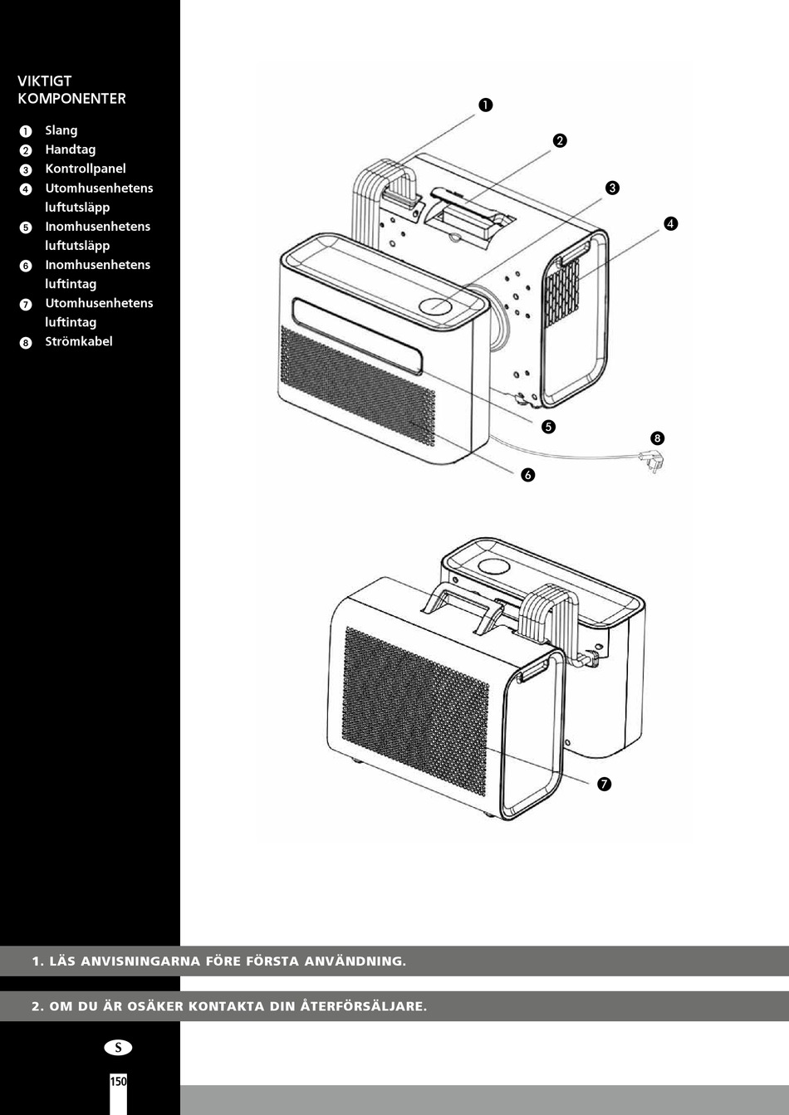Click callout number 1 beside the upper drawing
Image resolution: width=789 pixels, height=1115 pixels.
click(485, 105)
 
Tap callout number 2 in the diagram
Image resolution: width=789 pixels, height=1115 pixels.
click(560, 141)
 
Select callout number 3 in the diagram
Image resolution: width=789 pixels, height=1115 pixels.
click(612, 188)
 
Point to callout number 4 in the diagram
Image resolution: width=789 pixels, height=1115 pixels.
click(670, 223)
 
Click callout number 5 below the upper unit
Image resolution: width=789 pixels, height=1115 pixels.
click(548, 427)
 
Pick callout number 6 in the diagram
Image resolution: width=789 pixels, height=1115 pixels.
click(527, 475)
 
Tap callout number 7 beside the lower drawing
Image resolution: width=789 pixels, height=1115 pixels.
click(604, 784)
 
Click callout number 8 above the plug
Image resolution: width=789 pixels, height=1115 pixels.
click(657, 438)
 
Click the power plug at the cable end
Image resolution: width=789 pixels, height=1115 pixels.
click(653, 460)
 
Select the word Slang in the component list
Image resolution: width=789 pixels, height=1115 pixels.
click(61, 131)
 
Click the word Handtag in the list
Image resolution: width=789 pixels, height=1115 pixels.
click(71, 149)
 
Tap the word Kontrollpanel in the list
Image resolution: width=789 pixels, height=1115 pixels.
click(85, 169)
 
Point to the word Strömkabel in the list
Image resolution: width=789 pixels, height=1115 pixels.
click(79, 341)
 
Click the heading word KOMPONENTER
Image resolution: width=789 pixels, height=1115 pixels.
click(71, 99)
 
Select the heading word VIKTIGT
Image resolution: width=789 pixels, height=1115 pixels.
click(44, 81)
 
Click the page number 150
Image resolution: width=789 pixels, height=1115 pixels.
click(119, 1081)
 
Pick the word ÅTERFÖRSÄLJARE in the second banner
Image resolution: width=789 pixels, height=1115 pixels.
click(364, 1006)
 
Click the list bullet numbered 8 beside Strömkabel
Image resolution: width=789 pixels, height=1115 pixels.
click(26, 343)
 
